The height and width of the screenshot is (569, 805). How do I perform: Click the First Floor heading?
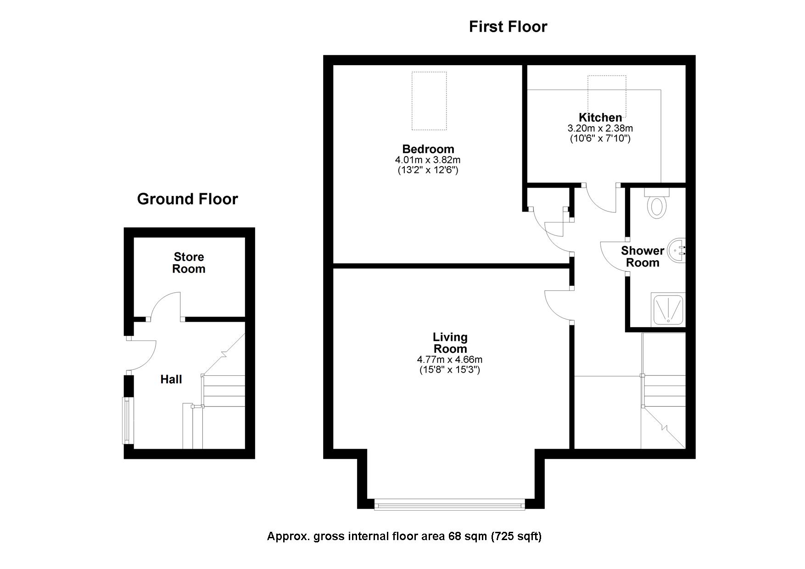coord(508,27)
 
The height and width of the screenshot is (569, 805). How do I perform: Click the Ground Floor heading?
coord(187,199)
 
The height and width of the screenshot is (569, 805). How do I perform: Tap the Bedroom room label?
coord(428,149)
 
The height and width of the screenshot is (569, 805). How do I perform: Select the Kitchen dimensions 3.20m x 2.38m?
coord(600,128)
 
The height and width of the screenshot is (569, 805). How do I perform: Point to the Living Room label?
coord(450,343)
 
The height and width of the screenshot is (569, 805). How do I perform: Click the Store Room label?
coord(189,263)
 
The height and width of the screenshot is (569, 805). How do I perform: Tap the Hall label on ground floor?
coord(171,379)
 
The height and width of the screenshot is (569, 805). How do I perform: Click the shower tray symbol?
coord(668,310)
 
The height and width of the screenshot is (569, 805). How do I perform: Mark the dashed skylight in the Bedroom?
coord(429,101)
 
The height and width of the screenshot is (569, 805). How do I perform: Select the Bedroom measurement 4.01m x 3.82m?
coord(428,160)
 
